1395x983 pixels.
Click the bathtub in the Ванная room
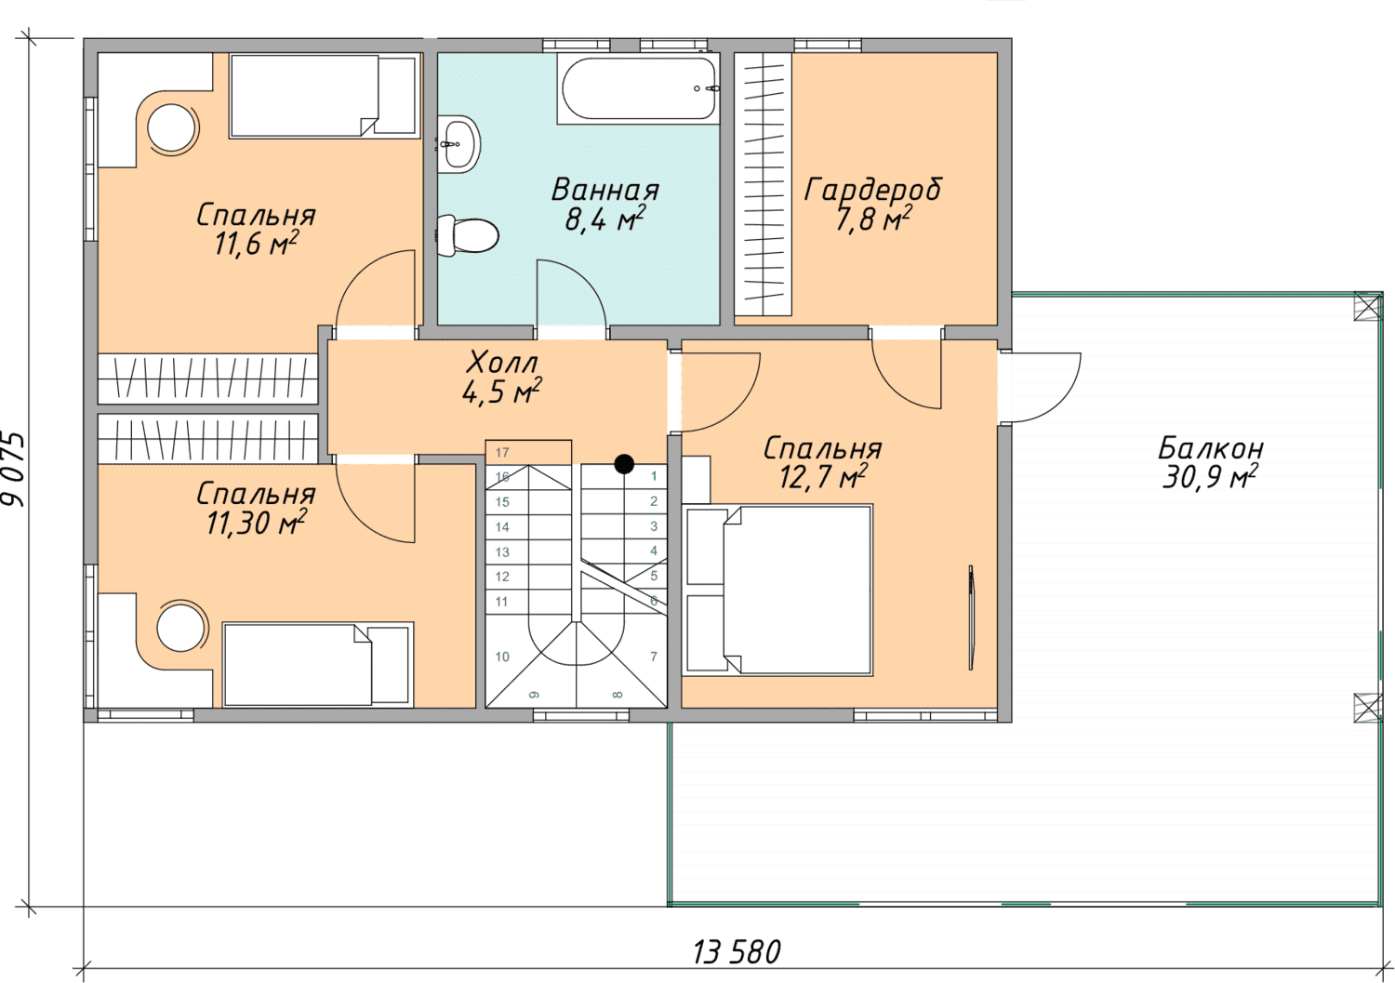638,88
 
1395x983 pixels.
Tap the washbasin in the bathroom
458,144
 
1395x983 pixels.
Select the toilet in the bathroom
467,235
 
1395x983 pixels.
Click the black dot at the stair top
624,464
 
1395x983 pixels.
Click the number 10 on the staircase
502,657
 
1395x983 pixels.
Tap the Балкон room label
1211,448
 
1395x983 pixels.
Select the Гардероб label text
872,190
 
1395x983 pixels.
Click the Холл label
502,362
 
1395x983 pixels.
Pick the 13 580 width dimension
737,952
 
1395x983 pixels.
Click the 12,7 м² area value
823,478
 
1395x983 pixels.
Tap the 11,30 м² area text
256,523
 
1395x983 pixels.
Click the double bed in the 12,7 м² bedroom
778,590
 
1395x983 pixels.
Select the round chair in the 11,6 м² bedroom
172,128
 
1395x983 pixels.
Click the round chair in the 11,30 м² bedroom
181,627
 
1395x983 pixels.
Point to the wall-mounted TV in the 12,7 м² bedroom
971,618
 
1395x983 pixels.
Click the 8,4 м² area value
604,219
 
